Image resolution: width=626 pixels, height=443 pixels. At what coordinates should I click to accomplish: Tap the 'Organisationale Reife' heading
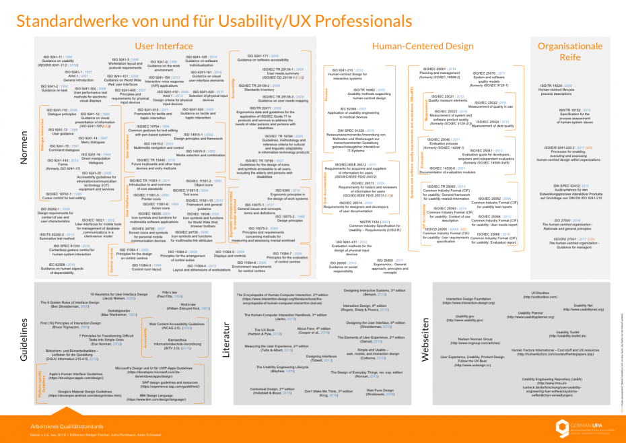click(x=569, y=51)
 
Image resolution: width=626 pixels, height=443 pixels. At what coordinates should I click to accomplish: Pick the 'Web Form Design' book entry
click(x=379, y=393)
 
